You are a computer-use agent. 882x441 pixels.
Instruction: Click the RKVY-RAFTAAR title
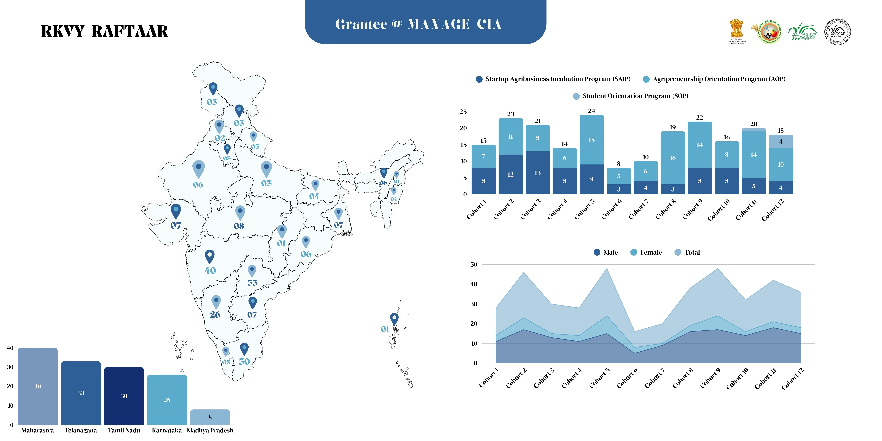[104, 32]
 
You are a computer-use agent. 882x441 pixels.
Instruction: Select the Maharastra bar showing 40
[38, 386]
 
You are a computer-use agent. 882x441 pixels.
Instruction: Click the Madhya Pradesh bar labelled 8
[210, 417]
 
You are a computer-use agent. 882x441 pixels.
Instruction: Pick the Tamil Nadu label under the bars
[124, 430]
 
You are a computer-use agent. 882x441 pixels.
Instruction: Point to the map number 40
[210, 271]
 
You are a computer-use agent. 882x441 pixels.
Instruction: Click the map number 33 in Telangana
[252, 283]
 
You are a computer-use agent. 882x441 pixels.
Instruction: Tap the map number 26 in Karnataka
[215, 314]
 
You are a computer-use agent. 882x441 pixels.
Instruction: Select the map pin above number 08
[240, 212]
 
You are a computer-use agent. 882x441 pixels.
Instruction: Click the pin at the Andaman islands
[394, 318]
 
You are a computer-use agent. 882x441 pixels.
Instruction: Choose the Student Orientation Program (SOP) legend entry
[631, 96]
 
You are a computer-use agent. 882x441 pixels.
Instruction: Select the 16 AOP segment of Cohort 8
[672, 158]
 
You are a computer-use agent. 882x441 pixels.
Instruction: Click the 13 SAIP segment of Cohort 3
[538, 173]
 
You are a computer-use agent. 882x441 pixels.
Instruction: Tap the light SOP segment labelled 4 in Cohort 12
[781, 141]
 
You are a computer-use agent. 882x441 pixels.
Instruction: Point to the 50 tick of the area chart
[474, 264]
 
